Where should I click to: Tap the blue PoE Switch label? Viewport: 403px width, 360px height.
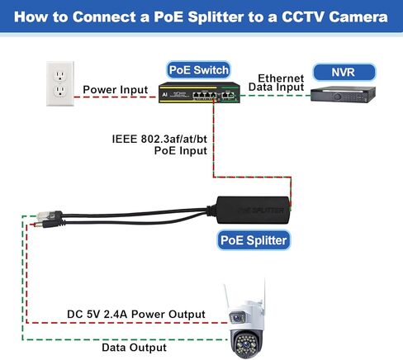coord(197,69)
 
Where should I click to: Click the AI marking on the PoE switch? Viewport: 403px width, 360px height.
coord(165,95)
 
